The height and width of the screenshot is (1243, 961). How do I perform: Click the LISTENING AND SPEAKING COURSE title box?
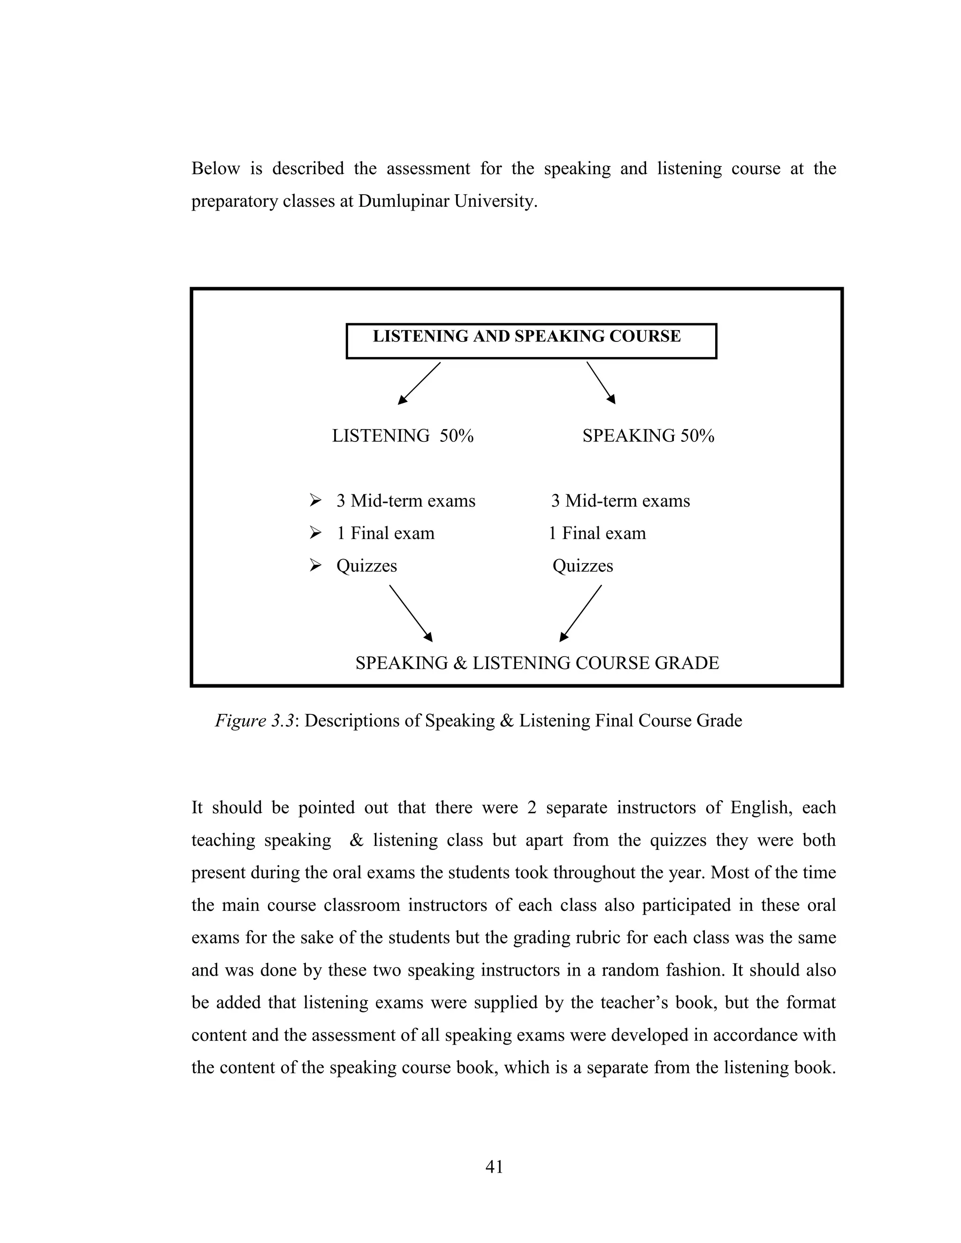click(x=531, y=341)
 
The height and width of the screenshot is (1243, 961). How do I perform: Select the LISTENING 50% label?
click(x=403, y=436)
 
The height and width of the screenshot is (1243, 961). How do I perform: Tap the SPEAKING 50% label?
click(x=648, y=436)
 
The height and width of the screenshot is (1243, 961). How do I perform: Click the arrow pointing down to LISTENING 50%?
click(x=419, y=383)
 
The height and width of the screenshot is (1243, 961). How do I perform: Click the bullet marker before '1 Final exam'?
click(x=315, y=533)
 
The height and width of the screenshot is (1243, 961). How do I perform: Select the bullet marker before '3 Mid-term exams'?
click(x=315, y=500)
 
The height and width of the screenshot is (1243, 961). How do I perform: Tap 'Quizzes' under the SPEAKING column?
click(x=582, y=566)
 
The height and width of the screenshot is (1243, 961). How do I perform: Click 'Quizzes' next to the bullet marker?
click(x=366, y=566)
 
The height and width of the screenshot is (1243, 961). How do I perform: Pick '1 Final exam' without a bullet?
click(x=597, y=533)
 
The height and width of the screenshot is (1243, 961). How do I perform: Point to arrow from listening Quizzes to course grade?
click(x=411, y=614)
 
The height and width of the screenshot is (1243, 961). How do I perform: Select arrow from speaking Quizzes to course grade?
click(x=581, y=614)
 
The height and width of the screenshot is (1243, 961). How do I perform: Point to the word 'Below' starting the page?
click(x=215, y=168)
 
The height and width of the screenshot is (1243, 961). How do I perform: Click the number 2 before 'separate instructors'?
click(x=532, y=808)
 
